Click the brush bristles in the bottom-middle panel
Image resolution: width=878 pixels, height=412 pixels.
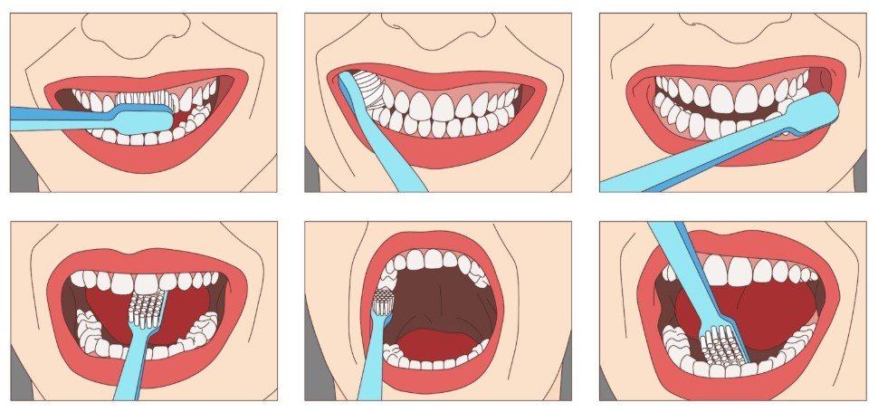(x=383, y=300)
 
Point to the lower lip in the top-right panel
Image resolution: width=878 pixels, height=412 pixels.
(x=724, y=156)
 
